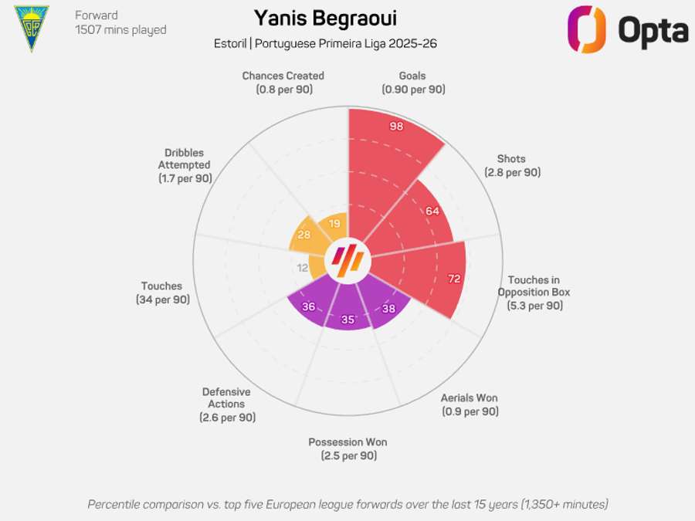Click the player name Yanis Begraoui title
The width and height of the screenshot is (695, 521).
pyautogui.click(x=325, y=17)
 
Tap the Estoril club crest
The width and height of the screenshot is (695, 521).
pyautogui.click(x=32, y=28)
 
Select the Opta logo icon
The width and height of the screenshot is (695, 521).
pyautogui.click(x=588, y=29)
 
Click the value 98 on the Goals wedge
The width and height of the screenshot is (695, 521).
pyautogui.click(x=397, y=127)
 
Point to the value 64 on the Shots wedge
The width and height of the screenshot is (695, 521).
pyautogui.click(x=432, y=211)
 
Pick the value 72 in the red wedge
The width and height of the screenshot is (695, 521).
pyautogui.click(x=454, y=279)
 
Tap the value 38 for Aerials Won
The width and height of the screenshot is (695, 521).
pyautogui.click(x=389, y=307)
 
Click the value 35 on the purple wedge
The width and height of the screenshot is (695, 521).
pyautogui.click(x=347, y=320)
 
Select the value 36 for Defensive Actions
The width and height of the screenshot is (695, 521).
pyautogui.click(x=308, y=306)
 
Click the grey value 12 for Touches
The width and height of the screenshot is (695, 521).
pyautogui.click(x=303, y=268)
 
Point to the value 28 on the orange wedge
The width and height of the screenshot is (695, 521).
pyautogui.click(x=303, y=235)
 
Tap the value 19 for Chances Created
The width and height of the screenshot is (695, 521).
pyautogui.click(x=334, y=224)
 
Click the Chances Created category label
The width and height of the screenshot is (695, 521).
pyautogui.click(x=283, y=82)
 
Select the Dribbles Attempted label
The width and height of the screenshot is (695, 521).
pyautogui.click(x=184, y=165)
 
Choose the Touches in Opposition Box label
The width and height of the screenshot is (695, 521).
pyautogui.click(x=534, y=293)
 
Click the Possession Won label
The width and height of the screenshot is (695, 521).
pyautogui.click(x=347, y=448)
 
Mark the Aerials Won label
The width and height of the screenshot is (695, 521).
pyautogui.click(x=470, y=404)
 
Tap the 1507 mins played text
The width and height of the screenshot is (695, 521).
pyautogui.click(x=120, y=30)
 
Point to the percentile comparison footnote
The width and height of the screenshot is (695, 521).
pyautogui.click(x=347, y=504)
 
